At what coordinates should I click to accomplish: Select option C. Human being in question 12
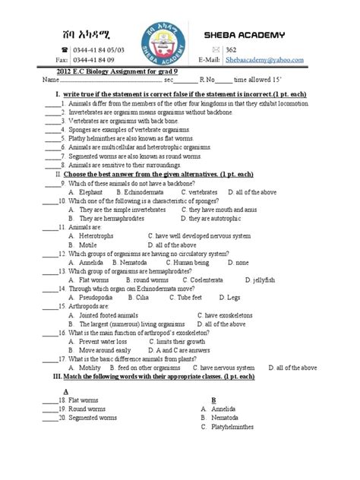[194, 263]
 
